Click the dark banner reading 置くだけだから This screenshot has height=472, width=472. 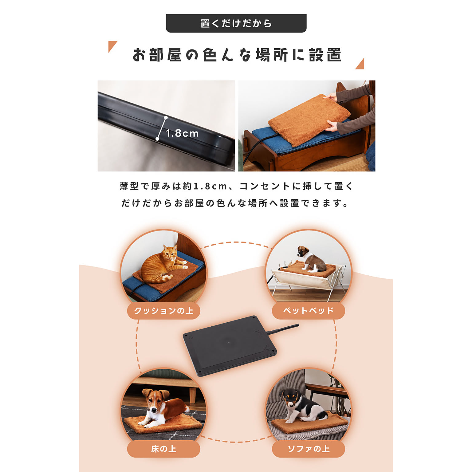coord(236,23)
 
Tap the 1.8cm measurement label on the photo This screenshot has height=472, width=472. coord(182,133)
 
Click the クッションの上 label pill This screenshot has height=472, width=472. coord(163,311)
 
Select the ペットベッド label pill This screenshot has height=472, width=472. coord(308,311)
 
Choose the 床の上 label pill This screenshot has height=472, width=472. coord(163,449)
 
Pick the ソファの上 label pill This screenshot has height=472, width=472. coord(308,449)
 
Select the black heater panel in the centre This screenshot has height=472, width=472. coord(230,346)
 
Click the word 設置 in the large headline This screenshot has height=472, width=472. coord(325,55)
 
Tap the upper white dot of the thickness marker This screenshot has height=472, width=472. coord(166,117)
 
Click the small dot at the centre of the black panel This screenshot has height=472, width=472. coord(228,342)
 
